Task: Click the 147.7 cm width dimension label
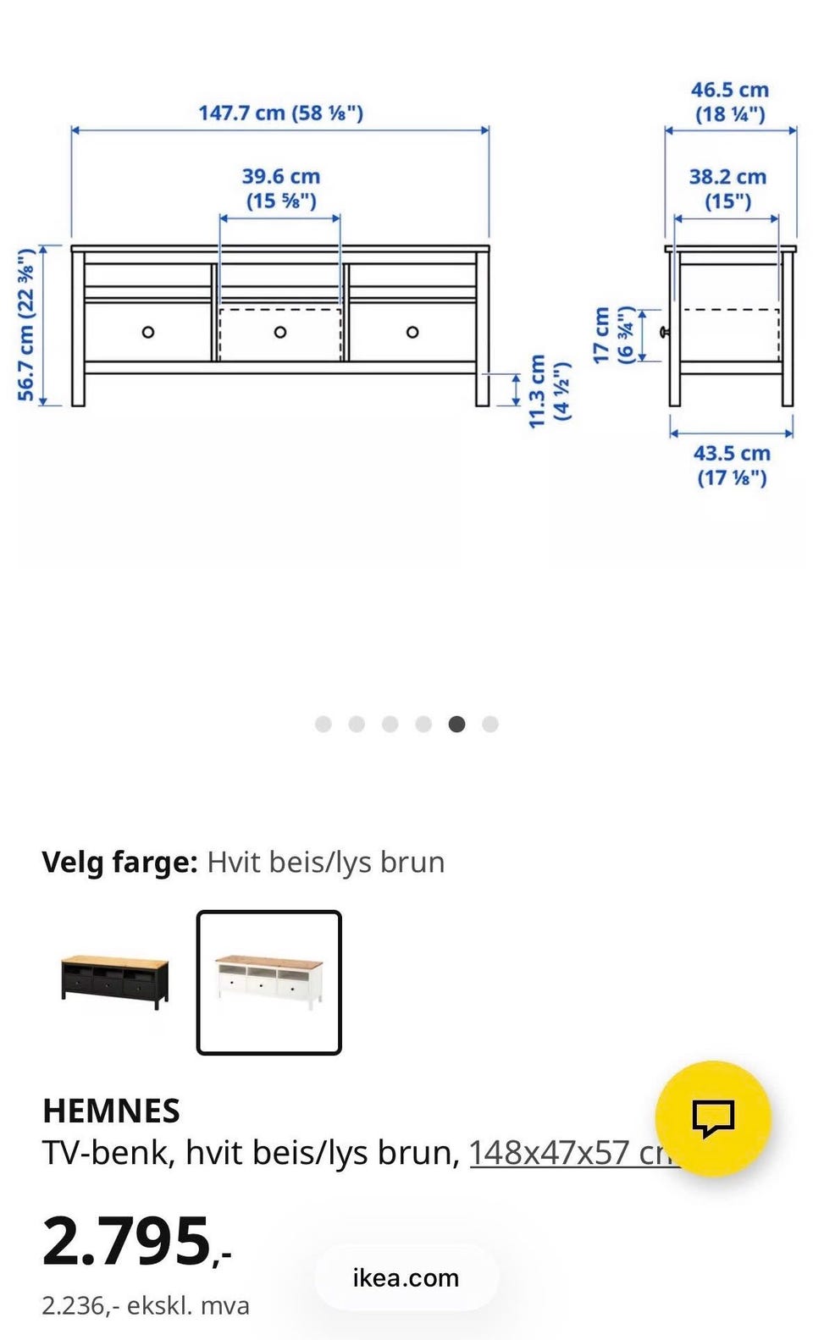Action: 280,113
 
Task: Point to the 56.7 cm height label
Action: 26,325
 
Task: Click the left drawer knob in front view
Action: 148,332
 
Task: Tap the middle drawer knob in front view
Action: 280,332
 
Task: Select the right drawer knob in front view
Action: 412,332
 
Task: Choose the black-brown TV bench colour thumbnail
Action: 114,982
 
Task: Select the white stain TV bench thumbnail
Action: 269,982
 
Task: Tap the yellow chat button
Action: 713,1118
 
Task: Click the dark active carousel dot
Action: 456,724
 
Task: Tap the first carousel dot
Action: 323,724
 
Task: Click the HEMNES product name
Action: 111,1111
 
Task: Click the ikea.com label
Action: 406,1277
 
